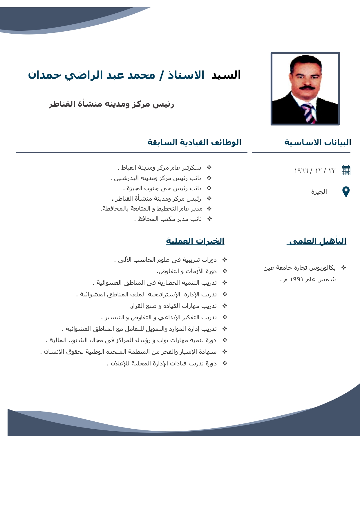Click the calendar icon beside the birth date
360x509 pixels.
346,170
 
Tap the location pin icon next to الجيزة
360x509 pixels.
346,192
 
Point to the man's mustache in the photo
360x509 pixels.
307,87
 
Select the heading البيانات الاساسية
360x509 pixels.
318,142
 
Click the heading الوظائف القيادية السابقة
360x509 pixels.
194,142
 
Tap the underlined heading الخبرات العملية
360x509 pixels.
195,241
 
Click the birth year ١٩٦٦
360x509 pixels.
301,171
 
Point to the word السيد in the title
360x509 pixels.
226,75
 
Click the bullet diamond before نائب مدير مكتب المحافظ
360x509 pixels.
210,219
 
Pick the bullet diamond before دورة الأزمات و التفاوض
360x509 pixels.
225,271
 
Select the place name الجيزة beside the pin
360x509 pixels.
319,192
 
